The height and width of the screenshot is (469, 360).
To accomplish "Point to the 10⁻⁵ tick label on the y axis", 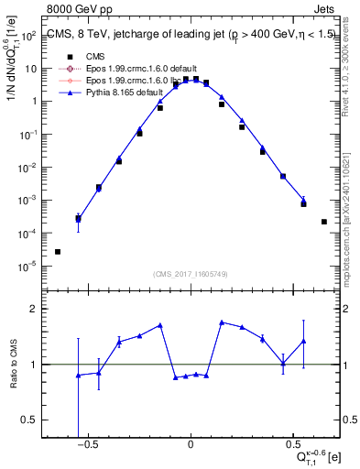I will (x=29, y=267).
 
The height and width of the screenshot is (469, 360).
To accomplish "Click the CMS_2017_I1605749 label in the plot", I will (x=191, y=273).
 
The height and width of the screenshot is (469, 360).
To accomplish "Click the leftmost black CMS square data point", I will (x=58, y=252).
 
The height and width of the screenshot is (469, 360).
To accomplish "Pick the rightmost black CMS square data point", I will (x=324, y=222).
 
